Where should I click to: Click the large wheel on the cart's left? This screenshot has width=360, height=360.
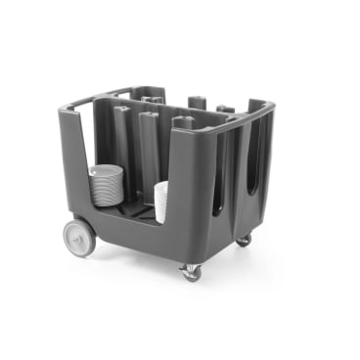click(79, 238)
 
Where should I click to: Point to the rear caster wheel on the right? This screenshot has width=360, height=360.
click(243, 240)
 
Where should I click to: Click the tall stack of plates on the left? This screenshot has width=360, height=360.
click(105, 187)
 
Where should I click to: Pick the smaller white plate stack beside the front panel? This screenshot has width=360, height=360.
click(160, 202)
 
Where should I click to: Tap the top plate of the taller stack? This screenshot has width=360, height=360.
click(106, 169)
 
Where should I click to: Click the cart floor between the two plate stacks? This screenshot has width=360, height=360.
click(135, 210)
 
